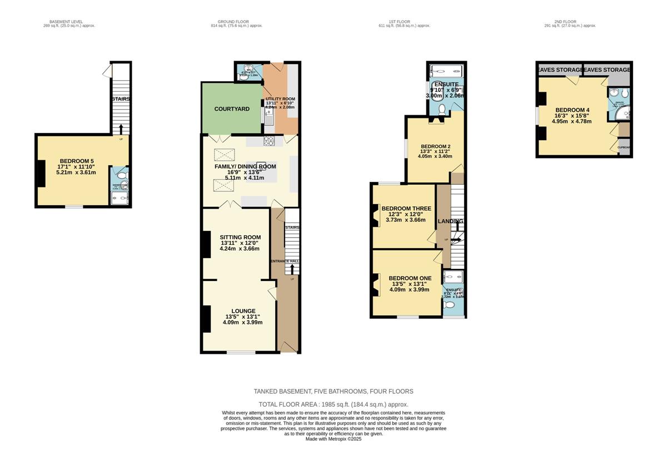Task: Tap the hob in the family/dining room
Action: point(269,140)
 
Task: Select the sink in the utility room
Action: point(269,117)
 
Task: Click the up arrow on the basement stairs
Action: point(121,129)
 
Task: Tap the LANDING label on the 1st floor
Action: point(450,221)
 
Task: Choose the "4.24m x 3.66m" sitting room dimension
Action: point(240,249)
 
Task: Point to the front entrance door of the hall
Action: point(288,347)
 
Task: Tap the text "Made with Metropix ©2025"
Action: point(333,438)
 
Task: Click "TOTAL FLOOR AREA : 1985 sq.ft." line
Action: point(333,404)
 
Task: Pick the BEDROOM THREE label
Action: point(405,209)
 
